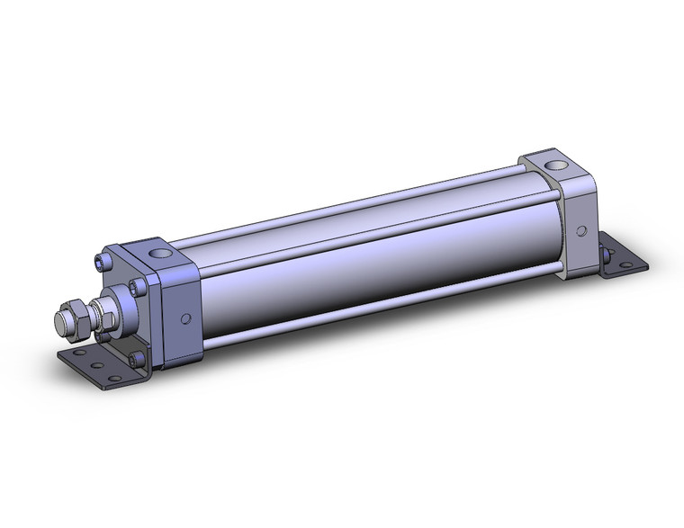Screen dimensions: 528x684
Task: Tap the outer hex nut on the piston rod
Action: [x=79, y=317]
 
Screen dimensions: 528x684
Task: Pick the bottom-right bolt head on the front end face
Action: [x=136, y=359]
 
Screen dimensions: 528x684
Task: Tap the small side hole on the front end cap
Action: [x=186, y=318]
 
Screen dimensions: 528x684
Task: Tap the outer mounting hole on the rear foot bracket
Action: [x=629, y=261]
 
